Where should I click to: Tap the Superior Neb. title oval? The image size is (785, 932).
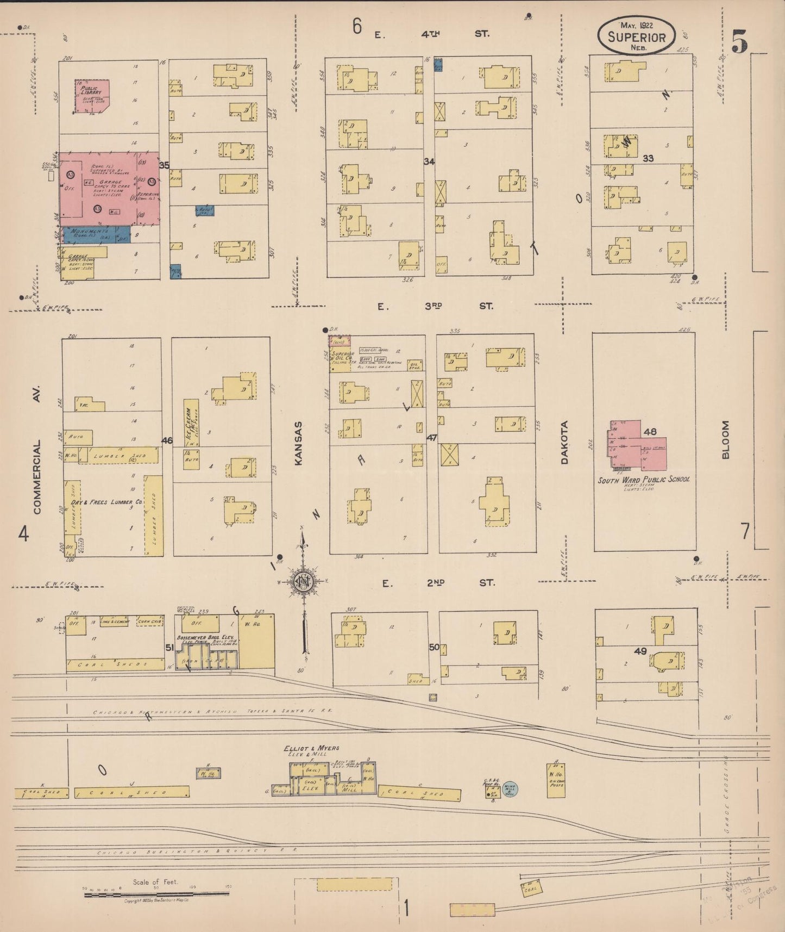[636, 37]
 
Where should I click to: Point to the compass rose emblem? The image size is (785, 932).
[303, 581]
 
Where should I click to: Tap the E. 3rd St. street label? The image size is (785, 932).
[435, 306]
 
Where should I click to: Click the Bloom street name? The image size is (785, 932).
[725, 440]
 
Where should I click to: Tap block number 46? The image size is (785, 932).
[167, 440]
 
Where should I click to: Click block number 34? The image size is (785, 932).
[429, 161]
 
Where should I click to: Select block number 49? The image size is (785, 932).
[640, 651]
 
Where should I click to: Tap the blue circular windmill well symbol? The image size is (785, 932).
[510, 789]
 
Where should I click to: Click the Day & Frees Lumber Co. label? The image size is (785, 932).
[106, 502]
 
